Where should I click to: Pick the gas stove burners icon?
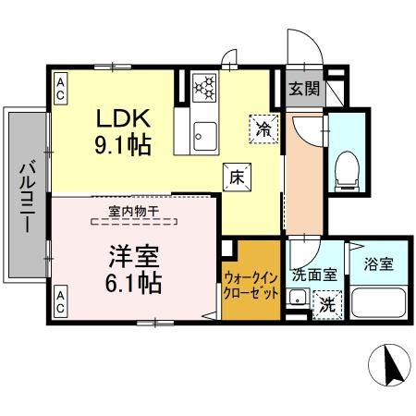coord(204,89)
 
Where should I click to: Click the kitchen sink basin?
coord(202,139)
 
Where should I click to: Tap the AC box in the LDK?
coord(59,88)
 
